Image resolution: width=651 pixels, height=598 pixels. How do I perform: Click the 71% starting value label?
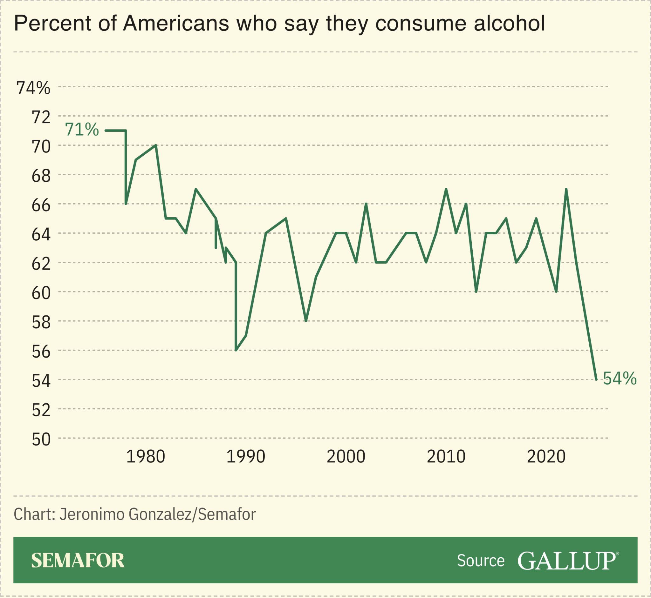(82, 130)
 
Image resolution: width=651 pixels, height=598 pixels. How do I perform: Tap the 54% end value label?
(620, 378)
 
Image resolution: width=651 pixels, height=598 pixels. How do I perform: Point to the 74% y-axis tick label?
(33, 88)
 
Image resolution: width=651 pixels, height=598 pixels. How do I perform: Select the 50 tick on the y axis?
(41, 440)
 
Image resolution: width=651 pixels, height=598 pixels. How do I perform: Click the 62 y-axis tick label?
(41, 263)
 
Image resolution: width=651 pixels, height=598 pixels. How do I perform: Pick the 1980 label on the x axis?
(145, 457)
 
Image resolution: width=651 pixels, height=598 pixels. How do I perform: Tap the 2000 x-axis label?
(346, 457)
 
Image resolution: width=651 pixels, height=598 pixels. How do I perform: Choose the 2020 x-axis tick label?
(546, 457)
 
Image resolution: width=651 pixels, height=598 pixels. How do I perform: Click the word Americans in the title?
(176, 24)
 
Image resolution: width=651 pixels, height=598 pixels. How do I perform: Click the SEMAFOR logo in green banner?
(78, 561)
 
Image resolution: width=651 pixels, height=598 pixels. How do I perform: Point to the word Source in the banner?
(481, 561)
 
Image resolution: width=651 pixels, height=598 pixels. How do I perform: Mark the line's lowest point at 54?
(596, 379)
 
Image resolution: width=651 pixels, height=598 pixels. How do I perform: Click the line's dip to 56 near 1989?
(236, 350)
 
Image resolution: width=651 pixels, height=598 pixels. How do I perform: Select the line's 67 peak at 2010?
(446, 189)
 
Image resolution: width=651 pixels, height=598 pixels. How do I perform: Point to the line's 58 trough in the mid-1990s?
(306, 321)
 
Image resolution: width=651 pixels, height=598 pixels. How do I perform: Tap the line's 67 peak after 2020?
(566, 189)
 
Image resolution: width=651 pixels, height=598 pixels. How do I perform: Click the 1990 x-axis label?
(245, 457)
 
